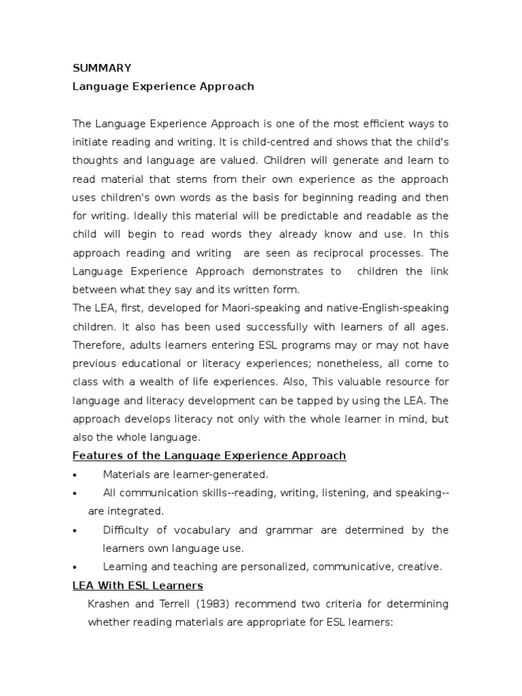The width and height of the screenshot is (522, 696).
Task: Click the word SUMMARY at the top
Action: click(x=102, y=68)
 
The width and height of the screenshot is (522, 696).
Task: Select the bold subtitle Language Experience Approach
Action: click(x=163, y=86)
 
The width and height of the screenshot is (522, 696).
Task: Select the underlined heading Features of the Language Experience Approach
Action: click(x=209, y=455)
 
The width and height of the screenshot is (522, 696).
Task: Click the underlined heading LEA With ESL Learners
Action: click(x=138, y=585)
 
